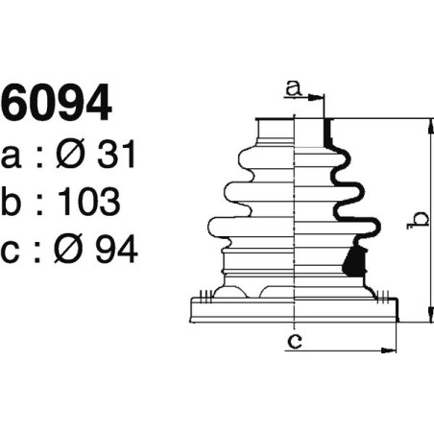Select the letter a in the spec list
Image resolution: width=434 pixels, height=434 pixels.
[x=11, y=156]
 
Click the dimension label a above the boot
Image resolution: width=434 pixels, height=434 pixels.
[x=294, y=89]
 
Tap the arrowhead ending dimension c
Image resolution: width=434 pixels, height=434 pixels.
[x=393, y=349]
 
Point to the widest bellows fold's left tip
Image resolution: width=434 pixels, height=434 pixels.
[x=208, y=227]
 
